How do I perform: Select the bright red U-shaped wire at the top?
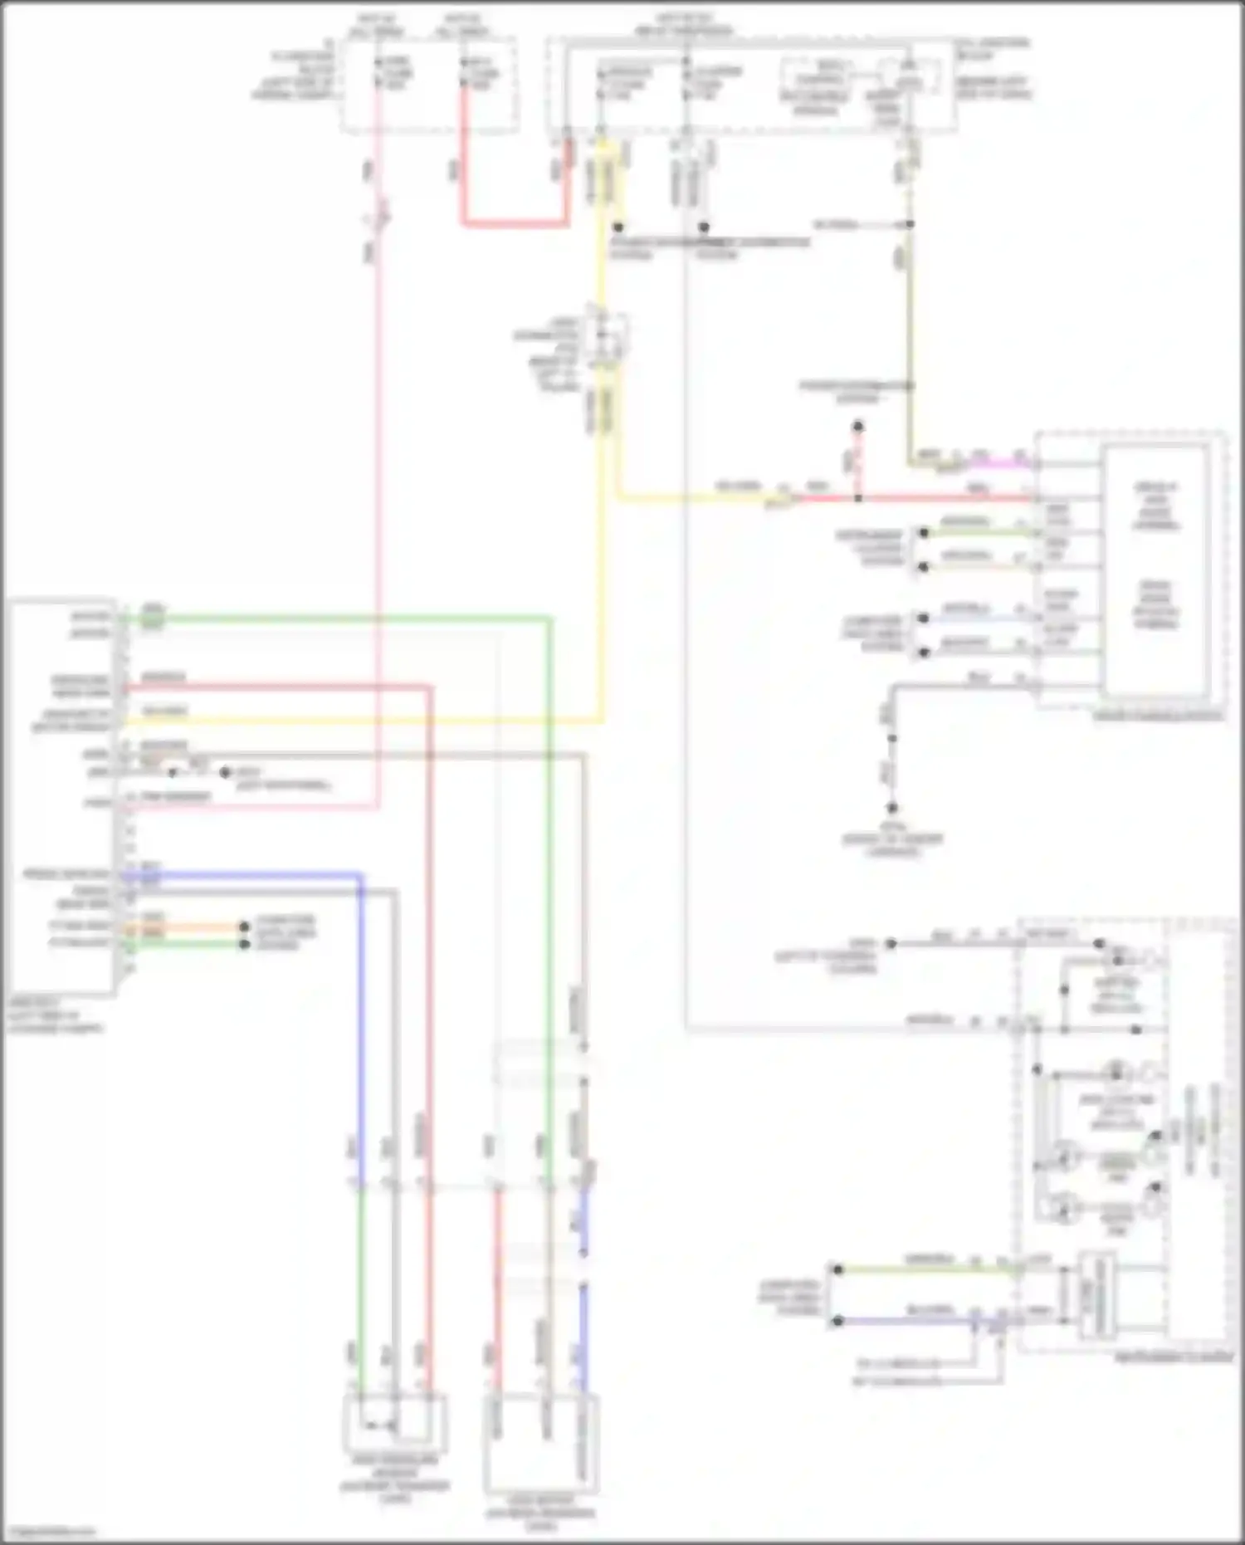coord(515,223)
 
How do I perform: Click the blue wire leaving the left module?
coord(249,874)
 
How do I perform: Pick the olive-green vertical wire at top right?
coord(911,349)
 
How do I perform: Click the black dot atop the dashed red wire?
coord(858,427)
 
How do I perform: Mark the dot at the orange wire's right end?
coord(244,927)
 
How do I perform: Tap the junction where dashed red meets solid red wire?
coord(858,498)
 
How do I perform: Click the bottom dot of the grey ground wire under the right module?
coord(892,807)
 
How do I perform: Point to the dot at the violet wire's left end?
coord(838,1321)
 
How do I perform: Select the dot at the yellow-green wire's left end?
coord(838,1269)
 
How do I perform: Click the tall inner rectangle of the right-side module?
coord(1155,570)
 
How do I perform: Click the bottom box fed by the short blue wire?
coord(541,1445)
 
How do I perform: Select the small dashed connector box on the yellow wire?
coord(607,338)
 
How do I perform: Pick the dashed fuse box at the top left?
coord(429,83)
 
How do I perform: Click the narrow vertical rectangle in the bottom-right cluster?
coord(1096,1296)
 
